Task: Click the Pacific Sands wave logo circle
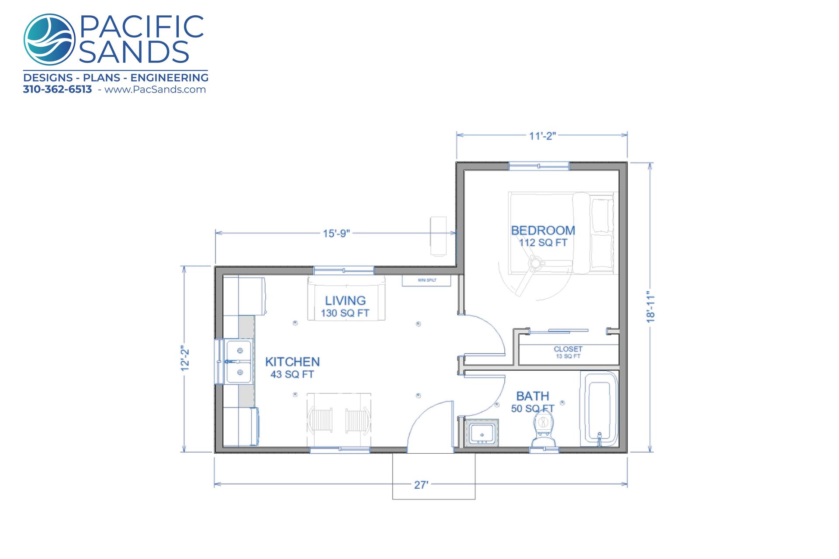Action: click(49, 39)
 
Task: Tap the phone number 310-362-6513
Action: click(57, 90)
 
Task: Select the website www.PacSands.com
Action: click(155, 90)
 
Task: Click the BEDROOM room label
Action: click(543, 230)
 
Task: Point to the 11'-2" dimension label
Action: click(542, 136)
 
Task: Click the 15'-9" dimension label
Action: click(336, 233)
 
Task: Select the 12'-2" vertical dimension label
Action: click(185, 359)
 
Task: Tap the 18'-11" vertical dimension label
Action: click(651, 307)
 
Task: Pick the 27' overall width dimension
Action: click(421, 485)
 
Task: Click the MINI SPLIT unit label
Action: click(427, 280)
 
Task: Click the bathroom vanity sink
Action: click(482, 433)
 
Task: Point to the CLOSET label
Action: click(568, 349)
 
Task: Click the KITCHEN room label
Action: click(292, 362)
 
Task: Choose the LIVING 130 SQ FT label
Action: click(345, 307)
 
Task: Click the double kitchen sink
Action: click(239, 362)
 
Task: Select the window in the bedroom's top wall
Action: click(539, 166)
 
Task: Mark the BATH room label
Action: click(533, 396)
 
